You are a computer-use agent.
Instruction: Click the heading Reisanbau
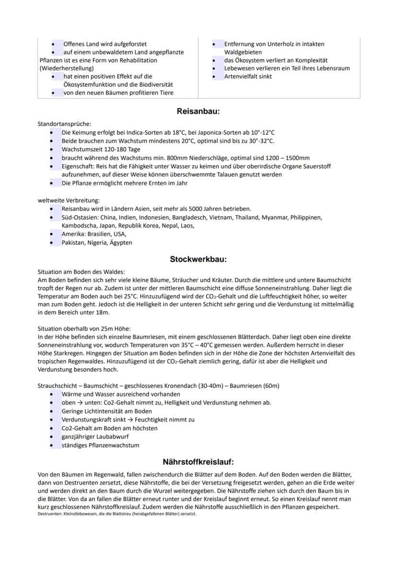[198, 111]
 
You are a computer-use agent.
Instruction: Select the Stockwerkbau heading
[198, 259]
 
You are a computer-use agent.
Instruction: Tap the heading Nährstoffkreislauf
[198, 462]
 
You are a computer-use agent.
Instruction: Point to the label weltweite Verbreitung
[69, 200]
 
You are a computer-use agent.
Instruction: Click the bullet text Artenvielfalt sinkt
[248, 76]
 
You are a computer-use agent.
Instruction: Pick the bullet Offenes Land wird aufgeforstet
[105, 44]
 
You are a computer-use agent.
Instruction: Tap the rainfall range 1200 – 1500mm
[285, 158]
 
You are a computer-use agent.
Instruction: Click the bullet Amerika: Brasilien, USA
[93, 234]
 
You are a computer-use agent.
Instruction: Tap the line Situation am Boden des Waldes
[74, 272]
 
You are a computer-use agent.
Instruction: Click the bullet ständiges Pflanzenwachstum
[100, 445]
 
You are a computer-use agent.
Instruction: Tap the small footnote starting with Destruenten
[117, 514]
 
